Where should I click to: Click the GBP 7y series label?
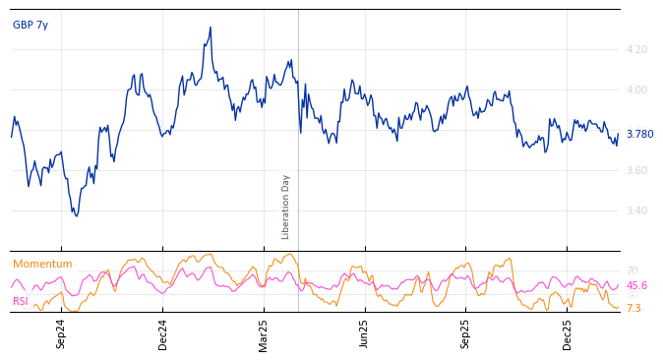(x=30, y=25)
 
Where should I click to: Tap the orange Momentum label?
(x=42, y=264)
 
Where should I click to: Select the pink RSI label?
(x=21, y=301)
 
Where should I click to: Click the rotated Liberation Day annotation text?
(x=286, y=207)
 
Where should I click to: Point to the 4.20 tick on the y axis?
(x=636, y=49)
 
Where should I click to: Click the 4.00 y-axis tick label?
(x=636, y=90)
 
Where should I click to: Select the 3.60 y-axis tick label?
(x=636, y=170)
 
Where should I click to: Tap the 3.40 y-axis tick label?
(x=636, y=210)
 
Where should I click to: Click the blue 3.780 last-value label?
(x=639, y=134)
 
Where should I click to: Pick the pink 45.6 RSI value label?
(x=636, y=285)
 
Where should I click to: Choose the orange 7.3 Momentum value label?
(x=633, y=308)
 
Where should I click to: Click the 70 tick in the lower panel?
(x=632, y=270)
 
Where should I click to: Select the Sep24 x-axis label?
(x=61, y=333)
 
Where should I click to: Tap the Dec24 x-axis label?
(x=163, y=333)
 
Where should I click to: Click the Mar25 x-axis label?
(x=264, y=333)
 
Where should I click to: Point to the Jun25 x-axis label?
(x=365, y=333)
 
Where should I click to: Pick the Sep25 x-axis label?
(x=466, y=333)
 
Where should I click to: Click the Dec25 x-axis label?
(x=568, y=333)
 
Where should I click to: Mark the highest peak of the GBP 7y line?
(x=211, y=28)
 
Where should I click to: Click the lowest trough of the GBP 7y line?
(x=76, y=215)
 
